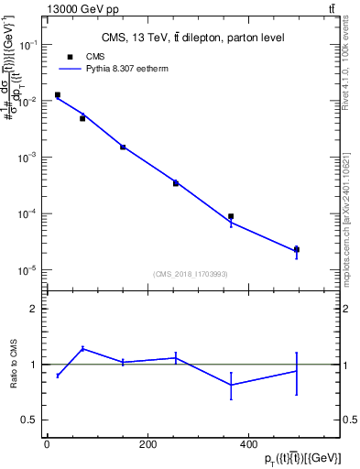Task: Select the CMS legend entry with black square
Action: click(x=87, y=56)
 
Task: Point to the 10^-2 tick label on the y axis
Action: click(x=28, y=102)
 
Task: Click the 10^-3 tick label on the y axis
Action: click(x=28, y=158)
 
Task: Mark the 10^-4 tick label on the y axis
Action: click(x=28, y=214)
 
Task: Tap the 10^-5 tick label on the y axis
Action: click(x=28, y=270)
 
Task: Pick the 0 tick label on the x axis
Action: click(x=47, y=444)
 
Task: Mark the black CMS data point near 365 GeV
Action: click(x=231, y=217)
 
